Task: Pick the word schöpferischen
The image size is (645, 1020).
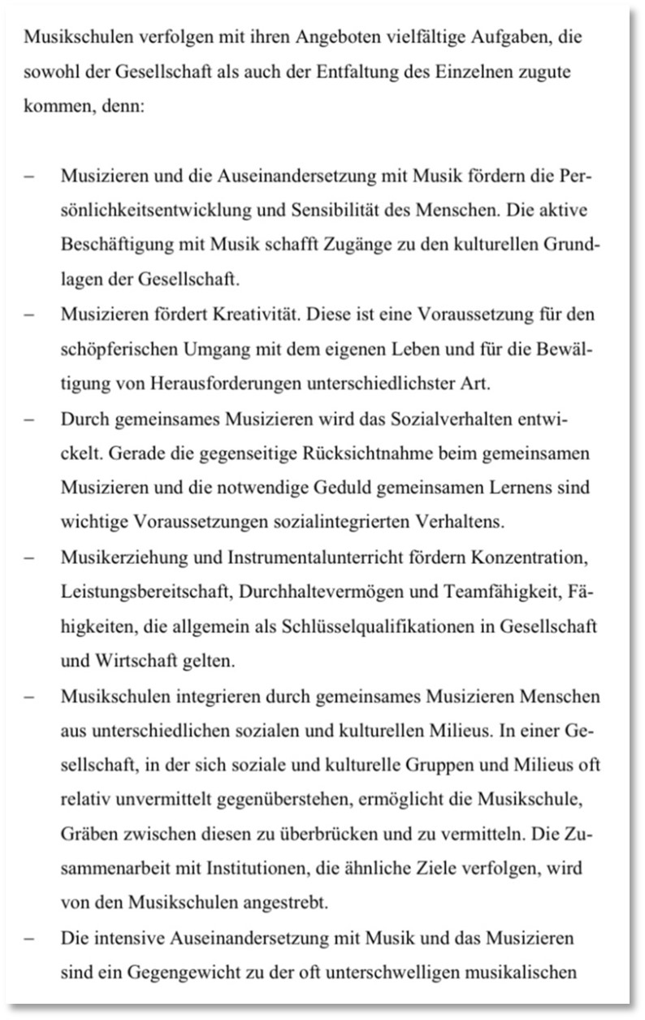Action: (x=114, y=349)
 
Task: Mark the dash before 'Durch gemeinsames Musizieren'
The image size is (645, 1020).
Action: (x=28, y=419)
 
